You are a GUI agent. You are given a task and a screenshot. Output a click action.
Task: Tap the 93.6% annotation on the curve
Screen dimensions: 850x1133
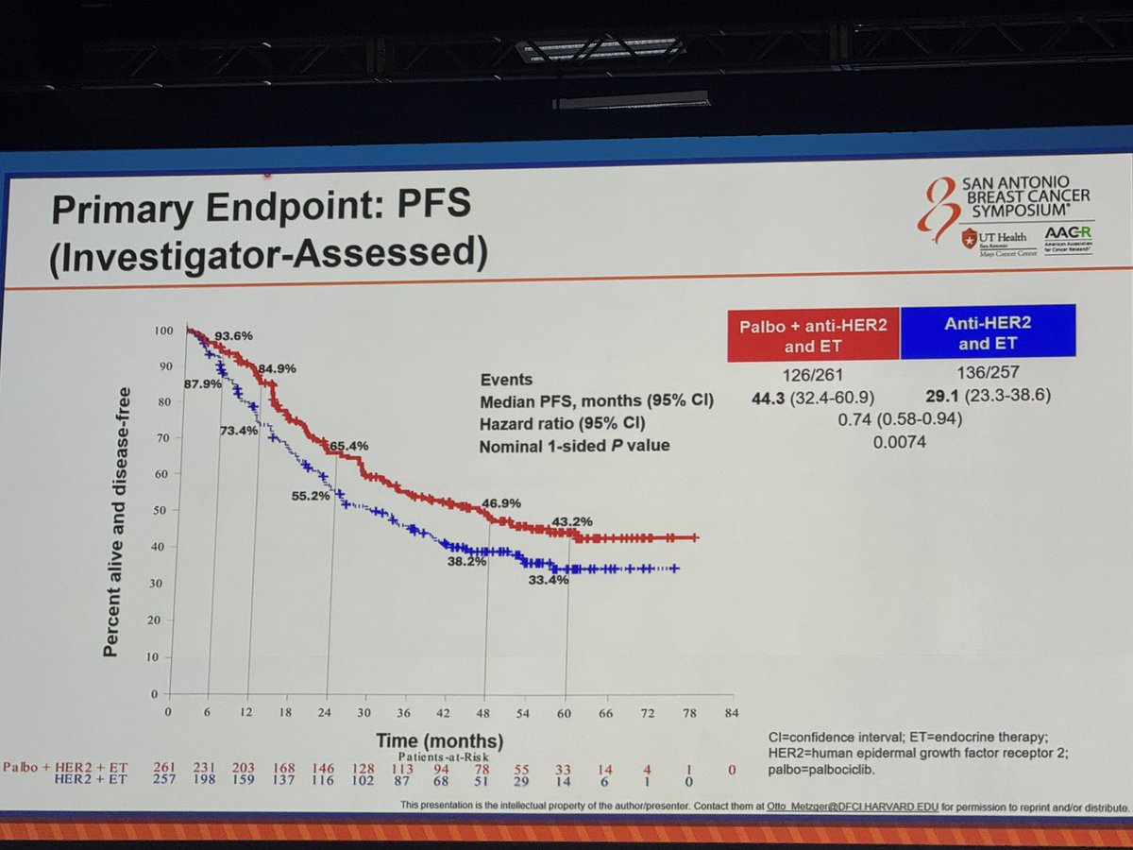(x=232, y=335)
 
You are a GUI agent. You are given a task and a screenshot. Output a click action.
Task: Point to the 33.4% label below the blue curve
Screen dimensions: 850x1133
(x=548, y=580)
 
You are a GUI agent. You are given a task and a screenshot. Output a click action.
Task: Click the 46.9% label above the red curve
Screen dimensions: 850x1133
(x=500, y=503)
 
